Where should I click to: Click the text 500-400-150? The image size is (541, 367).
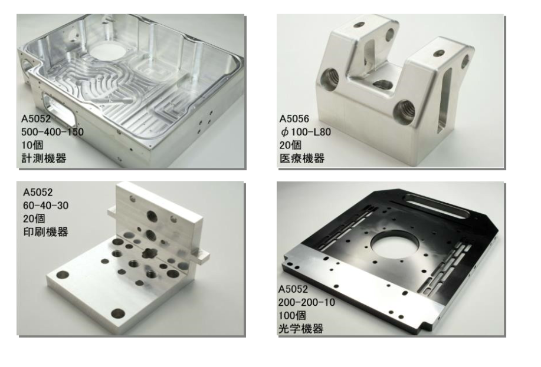[53, 132]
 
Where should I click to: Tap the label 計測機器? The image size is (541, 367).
[44, 158]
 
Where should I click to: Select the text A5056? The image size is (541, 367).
[294, 119]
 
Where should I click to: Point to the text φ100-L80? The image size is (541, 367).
[306, 132]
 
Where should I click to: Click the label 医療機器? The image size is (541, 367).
[302, 158]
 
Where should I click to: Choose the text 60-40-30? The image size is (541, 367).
[46, 206]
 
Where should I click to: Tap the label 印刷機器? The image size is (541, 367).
[45, 232]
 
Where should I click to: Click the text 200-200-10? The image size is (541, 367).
[307, 303]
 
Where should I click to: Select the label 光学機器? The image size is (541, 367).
[301, 329]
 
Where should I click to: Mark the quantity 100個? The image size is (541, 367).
[292, 316]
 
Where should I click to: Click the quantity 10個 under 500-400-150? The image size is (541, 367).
[32, 145]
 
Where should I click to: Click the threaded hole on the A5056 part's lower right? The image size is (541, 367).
[404, 112]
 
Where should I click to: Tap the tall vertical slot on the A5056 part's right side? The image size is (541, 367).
[444, 100]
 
